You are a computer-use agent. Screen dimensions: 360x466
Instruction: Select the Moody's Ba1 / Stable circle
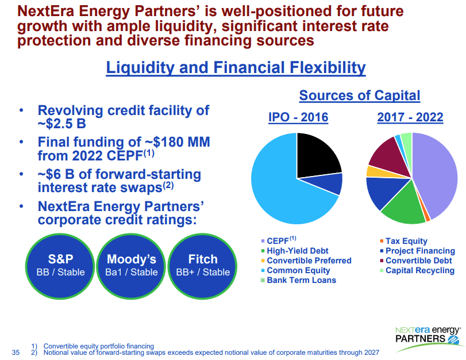[132, 265]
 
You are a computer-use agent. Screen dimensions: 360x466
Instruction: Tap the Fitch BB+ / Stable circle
[203, 265]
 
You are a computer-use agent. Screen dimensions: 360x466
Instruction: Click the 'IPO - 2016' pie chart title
[298, 117]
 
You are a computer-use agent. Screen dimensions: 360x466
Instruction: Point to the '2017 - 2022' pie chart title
[410, 117]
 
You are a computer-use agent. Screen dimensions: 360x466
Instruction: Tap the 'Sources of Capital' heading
[360, 95]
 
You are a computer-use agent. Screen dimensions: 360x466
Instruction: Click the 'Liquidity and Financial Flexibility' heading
[236, 68]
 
